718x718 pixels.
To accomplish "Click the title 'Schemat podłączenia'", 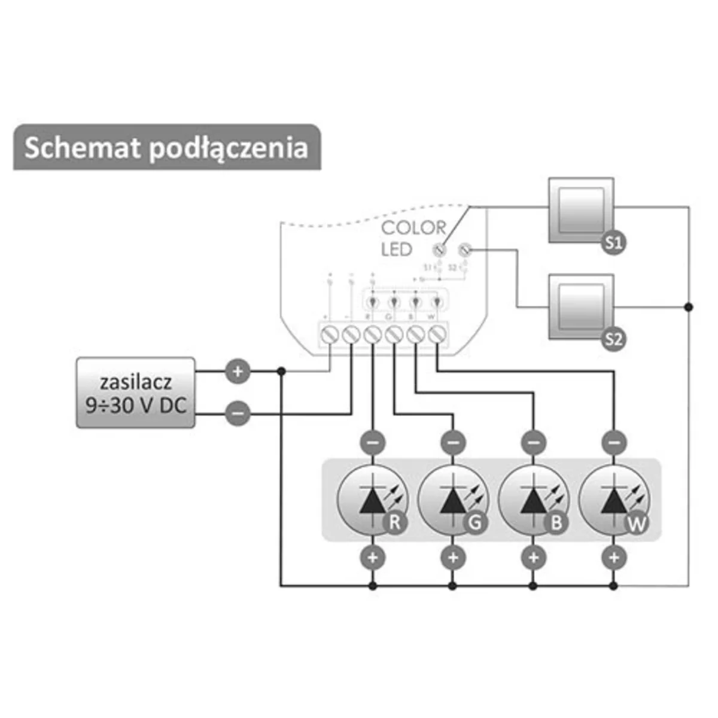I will (x=166, y=148).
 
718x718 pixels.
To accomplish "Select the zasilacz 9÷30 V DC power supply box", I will (x=136, y=393).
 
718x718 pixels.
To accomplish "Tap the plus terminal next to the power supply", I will (x=238, y=372).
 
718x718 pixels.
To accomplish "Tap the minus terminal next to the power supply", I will (x=238, y=413).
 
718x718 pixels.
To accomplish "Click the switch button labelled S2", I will (x=581, y=307).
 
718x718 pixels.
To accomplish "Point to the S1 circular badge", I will (x=613, y=243).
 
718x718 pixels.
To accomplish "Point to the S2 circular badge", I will (x=613, y=340).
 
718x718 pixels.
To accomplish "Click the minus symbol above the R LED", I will (x=373, y=443).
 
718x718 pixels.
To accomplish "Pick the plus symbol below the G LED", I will (x=453, y=558).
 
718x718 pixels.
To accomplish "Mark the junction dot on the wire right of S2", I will (x=689, y=307).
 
